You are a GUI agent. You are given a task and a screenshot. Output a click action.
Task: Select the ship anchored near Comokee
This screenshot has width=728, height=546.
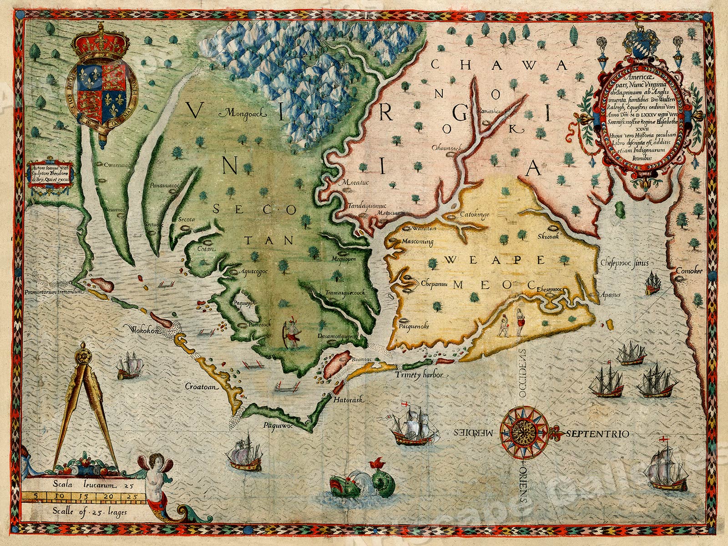653,283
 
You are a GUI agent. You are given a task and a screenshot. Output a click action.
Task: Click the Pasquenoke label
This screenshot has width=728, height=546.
413,326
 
